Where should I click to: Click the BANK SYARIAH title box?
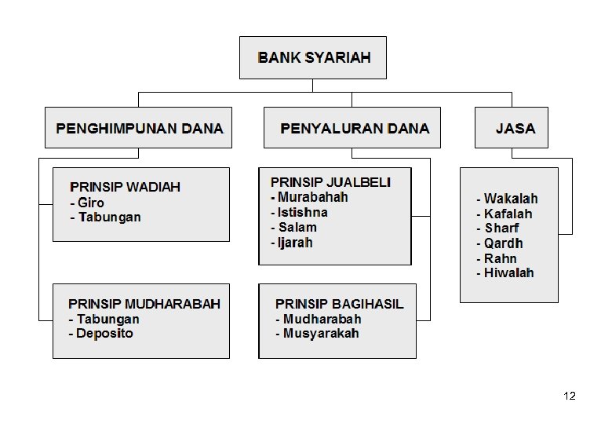313,57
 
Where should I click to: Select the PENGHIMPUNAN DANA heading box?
139,128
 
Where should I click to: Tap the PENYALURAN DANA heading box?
355,128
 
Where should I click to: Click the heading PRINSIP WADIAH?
125,187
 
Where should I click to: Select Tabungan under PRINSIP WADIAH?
107,217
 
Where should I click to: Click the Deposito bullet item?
102,334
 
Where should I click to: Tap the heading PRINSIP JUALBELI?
330,182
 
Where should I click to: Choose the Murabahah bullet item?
310,197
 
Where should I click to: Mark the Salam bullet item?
295,228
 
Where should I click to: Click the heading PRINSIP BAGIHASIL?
339,304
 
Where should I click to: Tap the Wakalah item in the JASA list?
508,199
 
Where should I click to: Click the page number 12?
570,396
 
